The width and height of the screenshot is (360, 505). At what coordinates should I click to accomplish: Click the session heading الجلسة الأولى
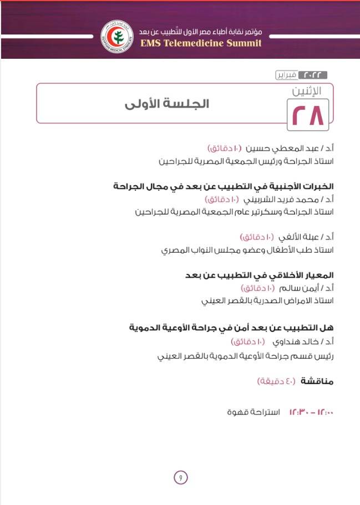click(x=166, y=105)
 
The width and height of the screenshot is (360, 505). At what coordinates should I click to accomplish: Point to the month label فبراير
click(x=286, y=75)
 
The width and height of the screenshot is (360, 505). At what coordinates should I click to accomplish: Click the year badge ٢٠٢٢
click(x=313, y=75)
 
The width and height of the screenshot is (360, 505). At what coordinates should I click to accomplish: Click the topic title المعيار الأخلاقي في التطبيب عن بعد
click(x=260, y=276)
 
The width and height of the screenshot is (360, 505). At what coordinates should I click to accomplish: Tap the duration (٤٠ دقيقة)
click(x=277, y=381)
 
